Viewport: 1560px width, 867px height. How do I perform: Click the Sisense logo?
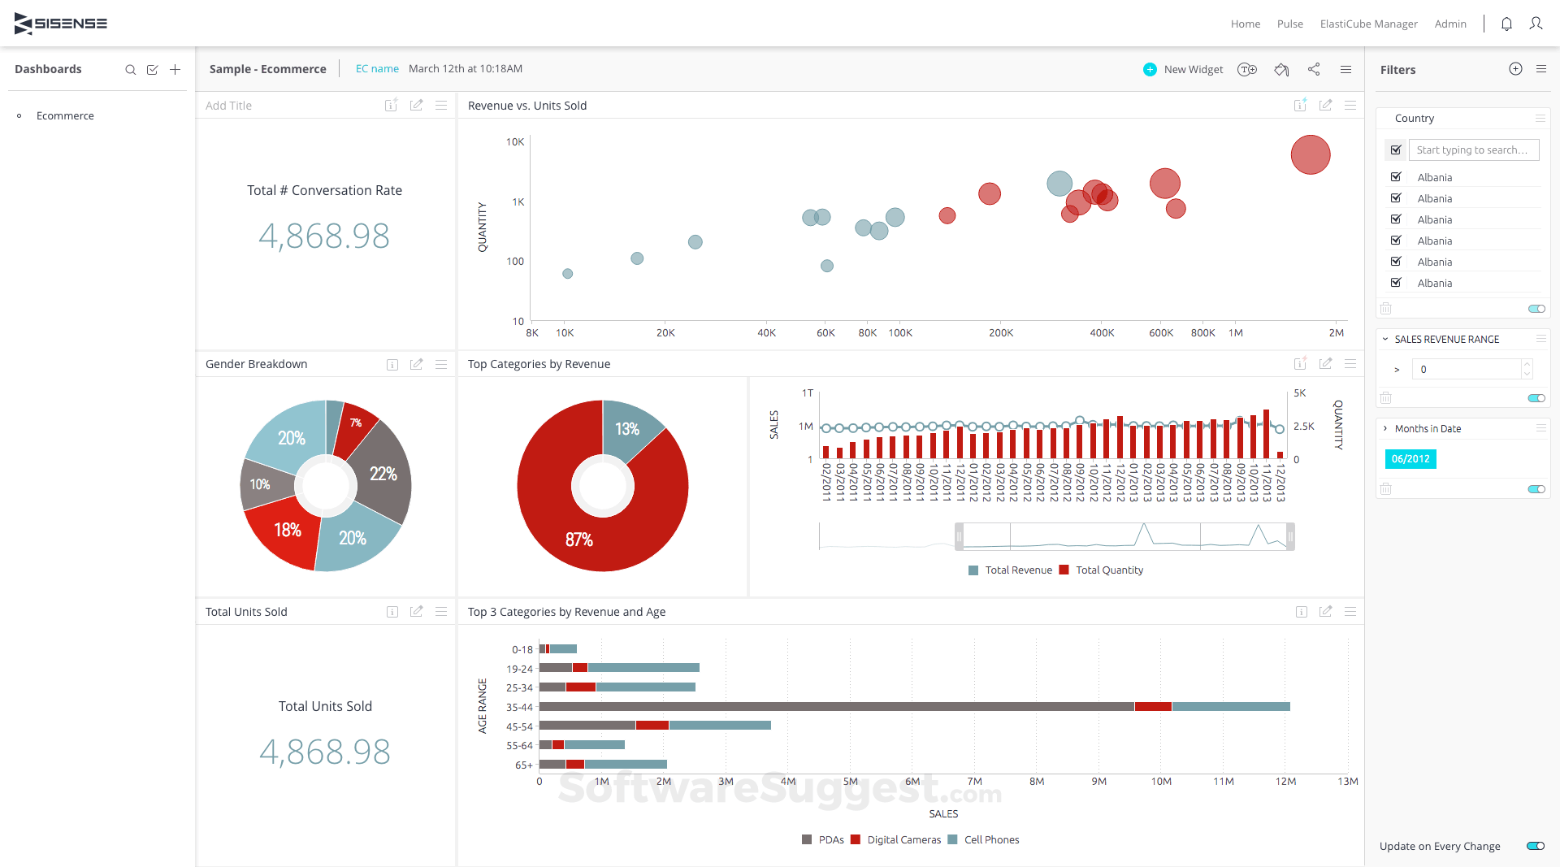61,24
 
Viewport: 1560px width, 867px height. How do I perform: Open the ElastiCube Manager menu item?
1368,24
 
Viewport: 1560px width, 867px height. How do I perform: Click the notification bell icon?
1506,24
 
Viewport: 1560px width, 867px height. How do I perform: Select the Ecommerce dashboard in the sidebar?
65,115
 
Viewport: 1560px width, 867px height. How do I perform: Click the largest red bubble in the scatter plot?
1310,154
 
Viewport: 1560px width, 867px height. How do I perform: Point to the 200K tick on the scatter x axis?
1001,332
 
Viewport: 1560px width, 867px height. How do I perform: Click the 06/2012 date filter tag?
1410,459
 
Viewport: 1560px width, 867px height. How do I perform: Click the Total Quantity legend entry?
1108,570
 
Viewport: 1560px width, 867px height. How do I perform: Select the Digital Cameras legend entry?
903,840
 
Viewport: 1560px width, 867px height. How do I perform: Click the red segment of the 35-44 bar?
1152,707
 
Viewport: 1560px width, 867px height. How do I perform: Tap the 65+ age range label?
523,765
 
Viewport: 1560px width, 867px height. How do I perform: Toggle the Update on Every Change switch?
1535,846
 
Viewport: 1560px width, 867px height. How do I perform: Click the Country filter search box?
1472,150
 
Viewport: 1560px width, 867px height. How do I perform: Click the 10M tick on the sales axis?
1161,781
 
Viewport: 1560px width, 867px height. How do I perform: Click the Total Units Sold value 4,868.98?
325,752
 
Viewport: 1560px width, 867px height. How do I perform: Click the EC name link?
377,69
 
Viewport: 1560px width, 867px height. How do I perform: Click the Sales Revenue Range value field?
1467,369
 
